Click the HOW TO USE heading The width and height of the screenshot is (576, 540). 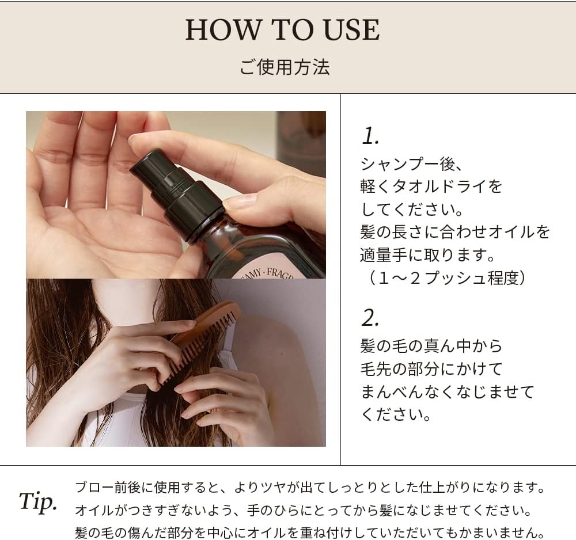pos(282,31)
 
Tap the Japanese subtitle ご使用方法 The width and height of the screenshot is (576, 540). pos(285,66)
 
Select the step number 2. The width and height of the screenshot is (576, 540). pos(370,317)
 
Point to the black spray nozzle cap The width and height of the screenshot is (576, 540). pos(173,187)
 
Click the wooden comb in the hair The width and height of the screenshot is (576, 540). pos(202,340)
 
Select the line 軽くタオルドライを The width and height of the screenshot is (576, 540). pos(431,187)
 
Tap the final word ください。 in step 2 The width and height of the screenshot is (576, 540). pos(396,414)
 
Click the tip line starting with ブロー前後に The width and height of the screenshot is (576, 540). pos(310,488)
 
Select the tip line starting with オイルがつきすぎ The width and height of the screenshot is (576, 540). pos(302,511)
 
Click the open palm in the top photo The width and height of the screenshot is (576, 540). pos(98,225)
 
